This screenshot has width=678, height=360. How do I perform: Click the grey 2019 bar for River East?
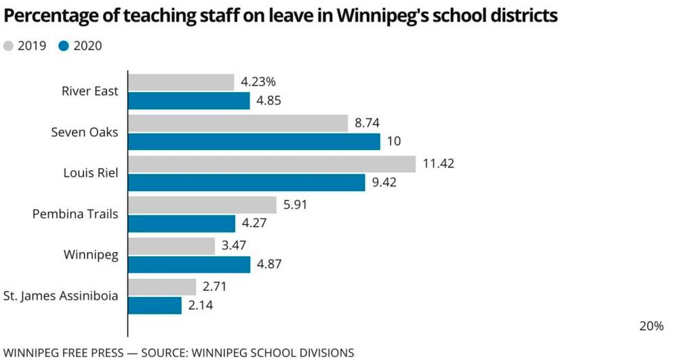(x=181, y=83)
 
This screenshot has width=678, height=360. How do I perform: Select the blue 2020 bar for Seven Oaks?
(x=254, y=142)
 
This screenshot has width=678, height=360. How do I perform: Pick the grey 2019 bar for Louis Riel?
(x=272, y=164)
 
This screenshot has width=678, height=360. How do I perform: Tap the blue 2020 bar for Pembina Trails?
(x=182, y=223)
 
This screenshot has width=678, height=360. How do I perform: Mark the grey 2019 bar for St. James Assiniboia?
(x=162, y=287)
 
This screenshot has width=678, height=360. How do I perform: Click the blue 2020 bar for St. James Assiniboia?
(x=155, y=305)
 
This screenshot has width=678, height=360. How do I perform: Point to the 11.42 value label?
(x=439, y=163)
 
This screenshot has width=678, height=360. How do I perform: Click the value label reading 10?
(x=394, y=142)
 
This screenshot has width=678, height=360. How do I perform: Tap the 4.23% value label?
(x=258, y=82)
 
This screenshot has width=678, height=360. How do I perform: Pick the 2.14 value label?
(x=201, y=305)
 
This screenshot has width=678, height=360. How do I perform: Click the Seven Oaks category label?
(x=85, y=132)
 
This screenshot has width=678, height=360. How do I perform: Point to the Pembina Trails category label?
(x=75, y=214)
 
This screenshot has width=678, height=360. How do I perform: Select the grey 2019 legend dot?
(x=9, y=46)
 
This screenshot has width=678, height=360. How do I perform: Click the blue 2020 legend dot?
(x=64, y=46)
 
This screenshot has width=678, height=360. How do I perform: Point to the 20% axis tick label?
(x=652, y=325)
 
